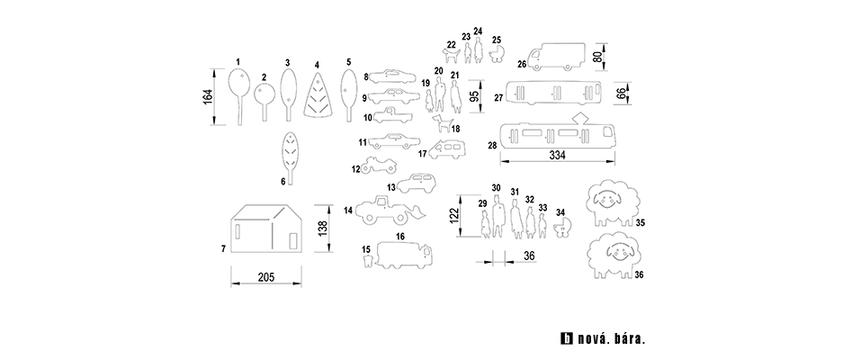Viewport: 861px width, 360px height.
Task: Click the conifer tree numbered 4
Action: click(318, 97)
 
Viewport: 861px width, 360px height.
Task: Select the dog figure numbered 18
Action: click(442, 121)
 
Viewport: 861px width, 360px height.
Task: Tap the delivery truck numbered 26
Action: click(558, 58)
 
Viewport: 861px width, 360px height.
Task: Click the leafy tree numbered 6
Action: click(289, 151)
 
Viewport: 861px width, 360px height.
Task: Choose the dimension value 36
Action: click(529, 256)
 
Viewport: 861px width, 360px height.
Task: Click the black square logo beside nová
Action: click(566, 340)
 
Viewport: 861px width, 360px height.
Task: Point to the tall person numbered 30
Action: click(497, 215)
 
